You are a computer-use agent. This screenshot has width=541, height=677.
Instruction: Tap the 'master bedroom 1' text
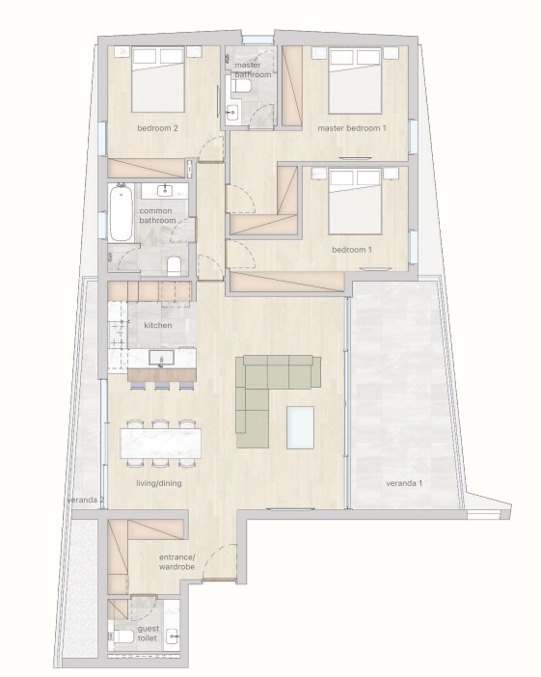pos(352,127)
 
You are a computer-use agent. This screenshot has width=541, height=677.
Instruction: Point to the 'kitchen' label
pos(157,326)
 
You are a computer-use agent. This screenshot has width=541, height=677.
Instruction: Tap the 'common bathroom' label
pos(158,215)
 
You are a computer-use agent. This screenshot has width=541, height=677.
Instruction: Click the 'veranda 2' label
pos(85,501)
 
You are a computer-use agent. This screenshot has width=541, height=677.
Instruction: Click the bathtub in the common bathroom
pos(120,213)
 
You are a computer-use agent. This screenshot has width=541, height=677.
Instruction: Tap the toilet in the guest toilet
pos(123,636)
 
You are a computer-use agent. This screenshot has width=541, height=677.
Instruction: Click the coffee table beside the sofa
pos(300,426)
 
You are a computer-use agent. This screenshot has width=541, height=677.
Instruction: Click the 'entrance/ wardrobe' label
pos(176,562)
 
